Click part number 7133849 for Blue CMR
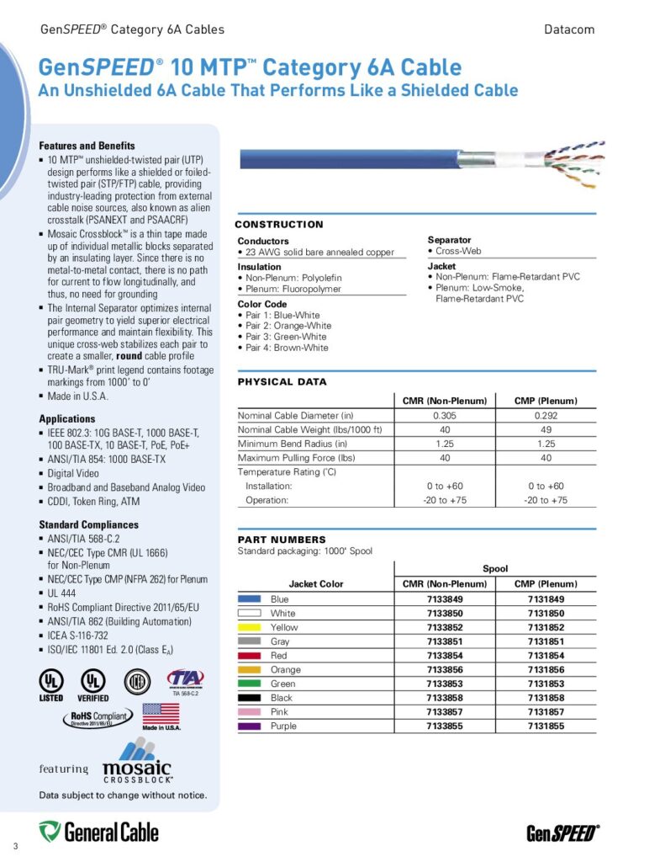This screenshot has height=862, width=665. (x=445, y=599)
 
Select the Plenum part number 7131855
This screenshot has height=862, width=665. (x=545, y=726)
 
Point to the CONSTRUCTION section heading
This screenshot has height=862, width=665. (x=278, y=225)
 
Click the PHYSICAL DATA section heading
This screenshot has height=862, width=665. (x=282, y=382)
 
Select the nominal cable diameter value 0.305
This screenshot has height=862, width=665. (x=445, y=416)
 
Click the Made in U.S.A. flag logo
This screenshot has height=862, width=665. (x=161, y=716)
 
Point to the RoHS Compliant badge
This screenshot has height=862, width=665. (x=98, y=718)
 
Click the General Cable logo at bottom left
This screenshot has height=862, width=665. (x=98, y=832)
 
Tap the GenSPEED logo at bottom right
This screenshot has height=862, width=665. (x=562, y=833)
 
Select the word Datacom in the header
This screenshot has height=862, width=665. (x=569, y=29)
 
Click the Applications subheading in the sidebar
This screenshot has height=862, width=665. (x=67, y=418)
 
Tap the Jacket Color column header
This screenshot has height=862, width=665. (x=316, y=583)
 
